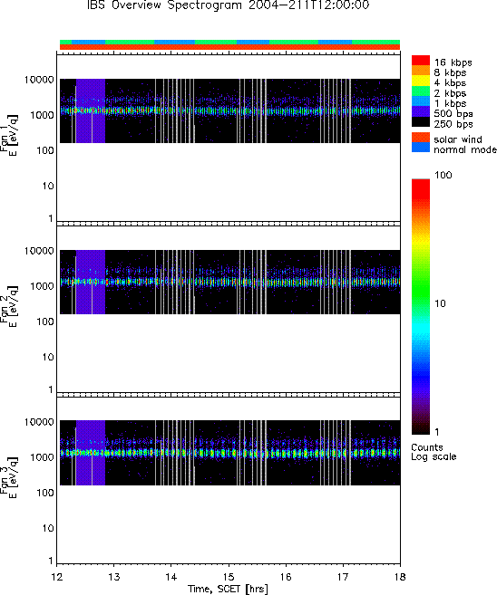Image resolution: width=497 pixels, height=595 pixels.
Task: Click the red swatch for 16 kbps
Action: (421, 61)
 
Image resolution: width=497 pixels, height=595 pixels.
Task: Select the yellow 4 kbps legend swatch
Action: (421, 82)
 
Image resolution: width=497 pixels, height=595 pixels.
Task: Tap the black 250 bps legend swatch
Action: (421, 122)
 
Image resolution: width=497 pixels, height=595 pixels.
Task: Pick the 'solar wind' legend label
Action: (458, 139)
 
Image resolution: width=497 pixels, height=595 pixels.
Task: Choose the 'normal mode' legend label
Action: (465, 149)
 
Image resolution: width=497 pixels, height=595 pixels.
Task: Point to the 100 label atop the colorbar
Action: (443, 175)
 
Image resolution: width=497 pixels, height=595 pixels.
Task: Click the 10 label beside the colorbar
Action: (441, 303)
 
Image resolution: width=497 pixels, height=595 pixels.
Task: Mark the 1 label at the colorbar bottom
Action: (437, 432)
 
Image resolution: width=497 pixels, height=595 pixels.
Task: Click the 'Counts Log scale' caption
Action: (434, 452)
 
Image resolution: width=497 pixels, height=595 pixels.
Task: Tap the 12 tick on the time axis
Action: (56, 577)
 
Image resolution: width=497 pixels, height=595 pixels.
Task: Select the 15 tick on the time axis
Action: (229, 577)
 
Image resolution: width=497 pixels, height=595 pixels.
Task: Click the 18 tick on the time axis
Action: (400, 577)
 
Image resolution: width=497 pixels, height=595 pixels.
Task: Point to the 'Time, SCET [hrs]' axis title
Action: (228, 589)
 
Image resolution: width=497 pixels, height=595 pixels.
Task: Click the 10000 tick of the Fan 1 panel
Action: (39, 80)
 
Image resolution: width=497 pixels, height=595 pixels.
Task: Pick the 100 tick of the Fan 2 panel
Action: (45, 321)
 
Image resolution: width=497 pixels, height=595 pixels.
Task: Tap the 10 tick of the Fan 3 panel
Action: (48, 528)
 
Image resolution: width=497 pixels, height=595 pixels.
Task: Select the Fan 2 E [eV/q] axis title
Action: (8, 306)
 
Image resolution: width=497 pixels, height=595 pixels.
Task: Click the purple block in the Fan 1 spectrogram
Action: (91, 110)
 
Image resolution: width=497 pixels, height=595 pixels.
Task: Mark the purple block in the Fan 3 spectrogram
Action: (91, 452)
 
